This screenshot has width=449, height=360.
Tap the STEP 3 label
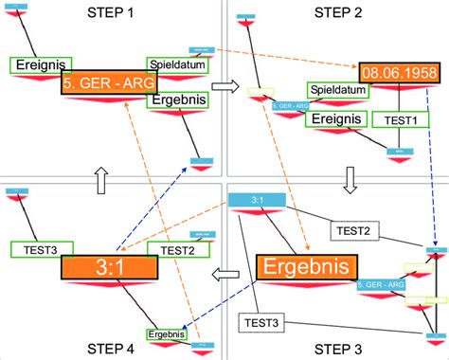coord(338,347)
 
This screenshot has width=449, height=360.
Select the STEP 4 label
coord(113,347)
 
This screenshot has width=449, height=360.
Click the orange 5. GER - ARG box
coord(105,84)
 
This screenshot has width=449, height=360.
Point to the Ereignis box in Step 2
coord(335,119)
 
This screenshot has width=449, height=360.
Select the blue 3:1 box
coord(257,201)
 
